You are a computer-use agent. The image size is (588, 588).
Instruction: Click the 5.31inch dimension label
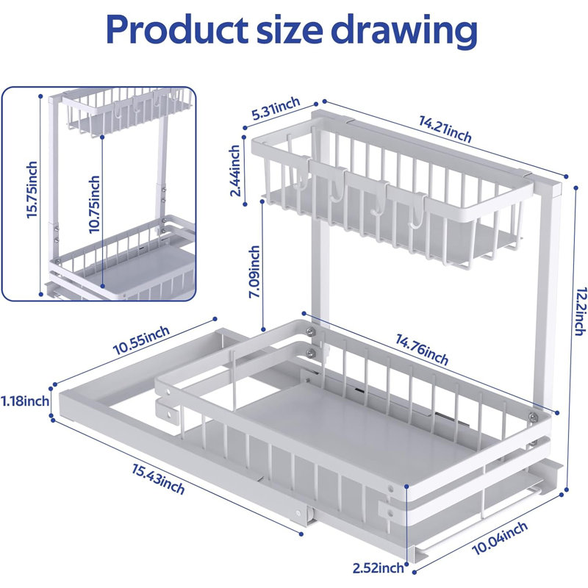coord(276,108)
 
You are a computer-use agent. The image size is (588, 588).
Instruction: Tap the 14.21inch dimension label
coord(445,129)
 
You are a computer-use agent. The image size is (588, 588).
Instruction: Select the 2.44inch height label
coord(235,171)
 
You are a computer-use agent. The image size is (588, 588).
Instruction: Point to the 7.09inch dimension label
coord(255,271)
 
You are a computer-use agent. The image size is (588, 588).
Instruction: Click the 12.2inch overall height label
coord(579,312)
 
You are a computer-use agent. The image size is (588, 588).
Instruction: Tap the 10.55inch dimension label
coord(141,340)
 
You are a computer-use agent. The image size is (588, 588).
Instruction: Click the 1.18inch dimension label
coord(25,401)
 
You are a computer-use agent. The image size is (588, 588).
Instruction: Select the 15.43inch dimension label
coord(158,479)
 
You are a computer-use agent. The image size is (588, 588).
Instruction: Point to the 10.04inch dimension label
coord(500,538)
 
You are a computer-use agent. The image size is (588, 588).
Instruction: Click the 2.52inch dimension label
coord(378,567)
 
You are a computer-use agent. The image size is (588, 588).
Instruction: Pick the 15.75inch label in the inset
coord(32,190)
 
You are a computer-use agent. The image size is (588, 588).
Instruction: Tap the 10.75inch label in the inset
coord(95,204)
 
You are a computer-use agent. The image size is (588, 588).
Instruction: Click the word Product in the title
coord(177,30)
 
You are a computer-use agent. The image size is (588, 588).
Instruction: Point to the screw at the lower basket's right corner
coord(533,417)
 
